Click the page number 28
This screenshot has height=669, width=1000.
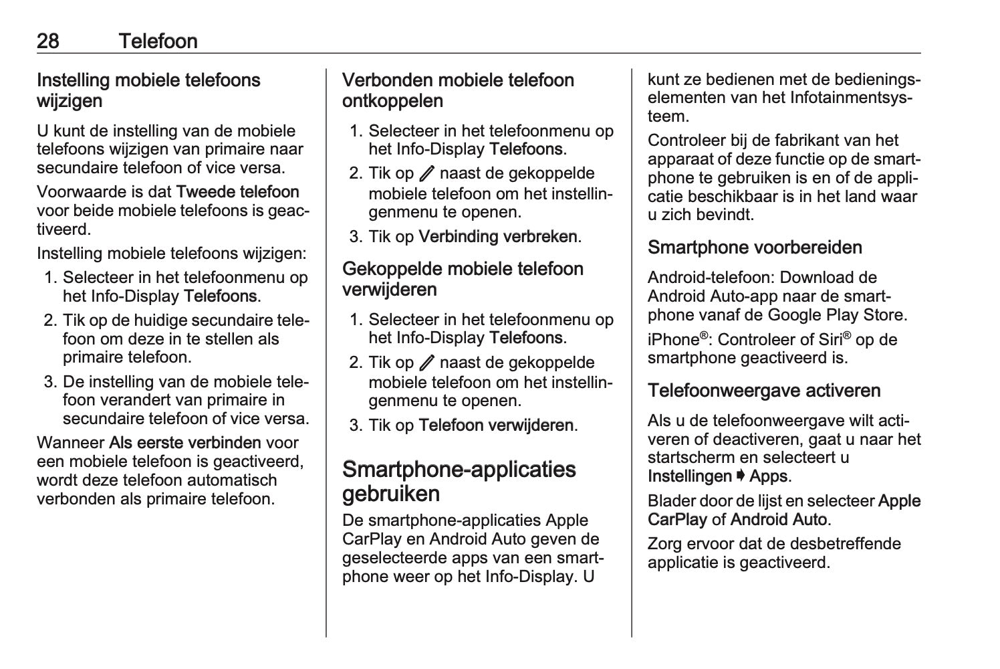coord(48,41)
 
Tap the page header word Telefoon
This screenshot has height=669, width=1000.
coord(158,41)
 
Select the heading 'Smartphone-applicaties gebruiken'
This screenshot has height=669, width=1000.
coord(459,481)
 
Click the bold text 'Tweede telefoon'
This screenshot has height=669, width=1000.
coord(237,192)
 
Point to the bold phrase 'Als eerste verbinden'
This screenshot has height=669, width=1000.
coord(185,443)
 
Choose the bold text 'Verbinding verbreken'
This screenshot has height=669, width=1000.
coord(498,237)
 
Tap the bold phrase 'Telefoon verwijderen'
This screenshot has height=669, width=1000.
coord(496,425)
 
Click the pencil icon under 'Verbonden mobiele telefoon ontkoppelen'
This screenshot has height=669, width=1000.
coord(426,174)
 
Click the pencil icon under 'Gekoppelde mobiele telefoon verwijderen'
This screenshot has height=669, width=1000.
coord(426,363)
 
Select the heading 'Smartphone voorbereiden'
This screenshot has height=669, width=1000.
coord(755,248)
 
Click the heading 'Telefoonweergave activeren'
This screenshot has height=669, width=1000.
coord(764,391)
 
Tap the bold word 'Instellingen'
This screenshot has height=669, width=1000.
coord(689,476)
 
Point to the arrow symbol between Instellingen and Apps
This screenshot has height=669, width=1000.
coord(741,476)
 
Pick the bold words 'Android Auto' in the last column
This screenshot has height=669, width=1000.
coord(779,519)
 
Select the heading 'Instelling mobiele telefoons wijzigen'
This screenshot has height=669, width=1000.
coord(148,90)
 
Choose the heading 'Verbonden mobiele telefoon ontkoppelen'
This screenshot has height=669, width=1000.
coord(458,90)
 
